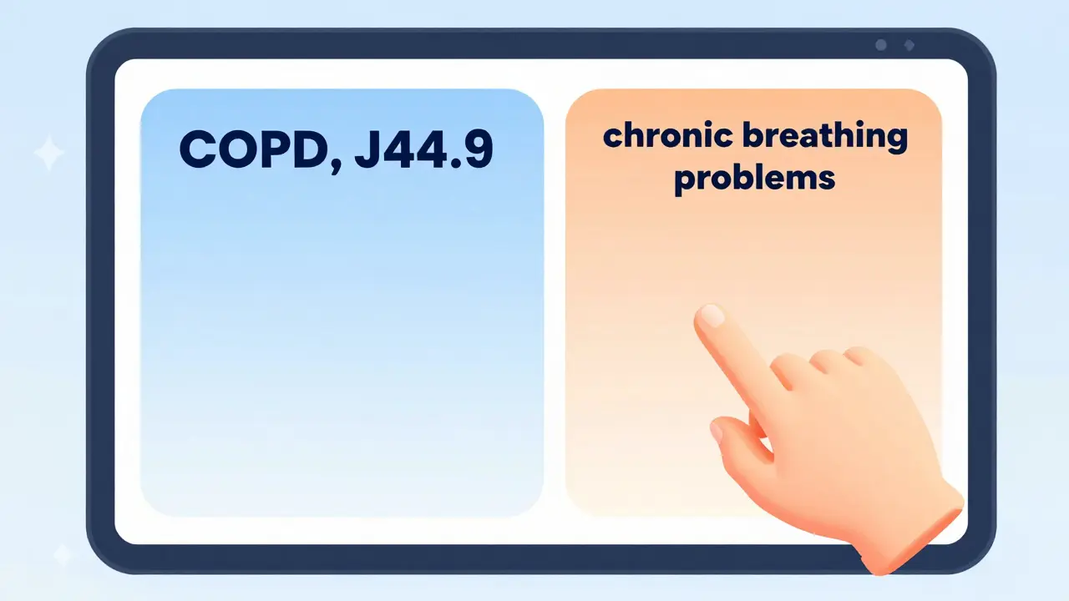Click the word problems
[x=754, y=177]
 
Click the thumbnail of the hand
[x=717, y=432]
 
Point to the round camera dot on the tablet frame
[x=880, y=45]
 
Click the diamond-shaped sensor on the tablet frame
[x=909, y=45]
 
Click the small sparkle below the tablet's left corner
[x=63, y=554]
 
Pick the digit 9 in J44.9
[x=476, y=149]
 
